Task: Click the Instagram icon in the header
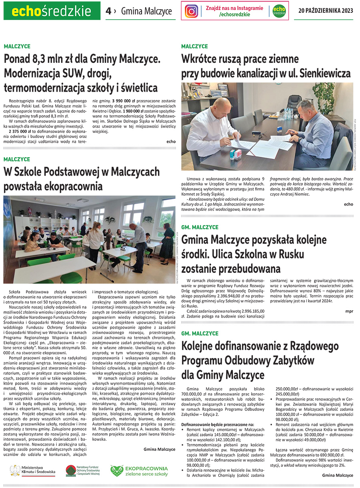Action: [x=192, y=11]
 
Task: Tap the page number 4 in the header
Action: [x=108, y=11]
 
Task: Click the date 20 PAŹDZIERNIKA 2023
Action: [x=326, y=11]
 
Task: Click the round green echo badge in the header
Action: [x=279, y=11]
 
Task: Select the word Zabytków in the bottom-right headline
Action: [x=290, y=360]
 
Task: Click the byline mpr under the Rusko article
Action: [x=349, y=310]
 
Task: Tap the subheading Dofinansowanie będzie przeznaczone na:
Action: [x=217, y=424]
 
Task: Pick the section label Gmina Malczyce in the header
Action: [x=146, y=11]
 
